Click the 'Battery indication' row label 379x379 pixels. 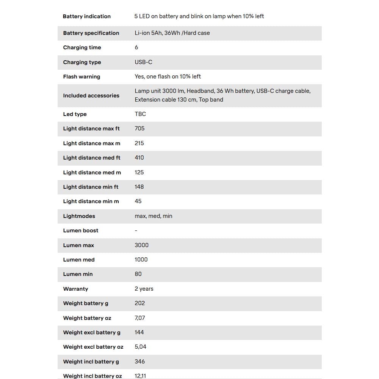[x=87, y=16]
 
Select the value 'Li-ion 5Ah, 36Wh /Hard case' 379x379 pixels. [x=172, y=33]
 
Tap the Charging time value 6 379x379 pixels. [x=136, y=47]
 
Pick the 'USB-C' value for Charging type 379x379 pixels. [x=143, y=62]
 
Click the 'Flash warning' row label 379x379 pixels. [x=81, y=77]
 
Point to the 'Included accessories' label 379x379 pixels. [x=91, y=96]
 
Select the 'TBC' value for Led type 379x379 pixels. [x=140, y=114]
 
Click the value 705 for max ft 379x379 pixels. [x=139, y=128]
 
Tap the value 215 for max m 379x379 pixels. [x=139, y=143]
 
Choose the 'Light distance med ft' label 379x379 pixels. [x=92, y=158]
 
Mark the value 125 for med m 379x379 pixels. [x=139, y=172]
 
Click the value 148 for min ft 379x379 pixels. [x=139, y=187]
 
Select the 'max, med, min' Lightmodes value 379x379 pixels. [x=153, y=216]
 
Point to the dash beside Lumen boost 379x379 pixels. [x=136, y=231]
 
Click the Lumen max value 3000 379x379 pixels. [x=141, y=245]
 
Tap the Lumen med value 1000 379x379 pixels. [x=141, y=260]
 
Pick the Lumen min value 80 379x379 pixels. [x=138, y=274]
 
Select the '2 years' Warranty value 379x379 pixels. [x=144, y=289]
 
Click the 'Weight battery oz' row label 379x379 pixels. [x=87, y=318]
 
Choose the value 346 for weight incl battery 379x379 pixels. [x=139, y=362]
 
